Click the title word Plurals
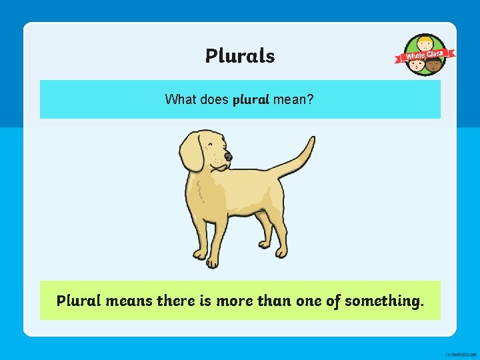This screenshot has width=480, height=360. tap(240, 55)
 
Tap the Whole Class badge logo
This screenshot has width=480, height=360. tap(426, 55)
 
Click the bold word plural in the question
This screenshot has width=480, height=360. tap(251, 100)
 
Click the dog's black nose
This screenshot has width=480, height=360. tap(228, 157)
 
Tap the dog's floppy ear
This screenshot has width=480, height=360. tap(192, 152)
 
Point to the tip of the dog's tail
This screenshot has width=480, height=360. tap(311, 140)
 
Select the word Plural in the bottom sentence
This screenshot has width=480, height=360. tap(78, 301)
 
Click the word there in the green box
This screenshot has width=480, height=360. tap(176, 301)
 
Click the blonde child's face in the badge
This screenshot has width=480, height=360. tap(425, 46)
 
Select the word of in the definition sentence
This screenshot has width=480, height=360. tap(333, 301)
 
